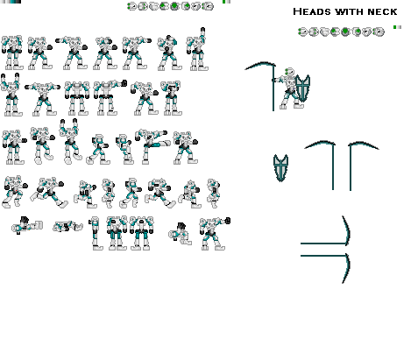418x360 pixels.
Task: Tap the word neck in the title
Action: [382, 13]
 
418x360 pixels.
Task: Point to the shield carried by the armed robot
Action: [302, 89]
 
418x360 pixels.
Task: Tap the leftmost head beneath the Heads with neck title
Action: [302, 32]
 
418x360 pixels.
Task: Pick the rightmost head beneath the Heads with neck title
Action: [379, 32]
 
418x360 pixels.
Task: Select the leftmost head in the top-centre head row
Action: [131, 7]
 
